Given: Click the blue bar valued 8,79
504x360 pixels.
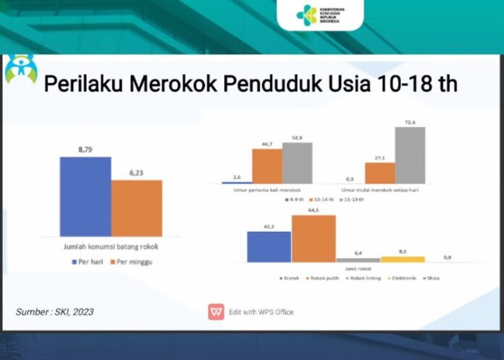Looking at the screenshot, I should coord(85,196).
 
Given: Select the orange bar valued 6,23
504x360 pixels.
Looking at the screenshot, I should coord(136,207).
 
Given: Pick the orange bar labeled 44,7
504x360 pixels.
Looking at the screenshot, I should coord(266,166).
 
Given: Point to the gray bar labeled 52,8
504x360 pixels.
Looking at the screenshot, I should coord(297,163).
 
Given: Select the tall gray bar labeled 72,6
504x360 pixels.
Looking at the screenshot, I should coord(410,155).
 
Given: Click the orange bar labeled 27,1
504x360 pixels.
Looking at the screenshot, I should coord(379,172).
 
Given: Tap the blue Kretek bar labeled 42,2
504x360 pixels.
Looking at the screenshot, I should coord(269,246).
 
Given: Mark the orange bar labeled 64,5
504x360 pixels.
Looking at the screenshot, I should coord(314,238).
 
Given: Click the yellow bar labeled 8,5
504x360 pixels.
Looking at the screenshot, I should coord(403,259).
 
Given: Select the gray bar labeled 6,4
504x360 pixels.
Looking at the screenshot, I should coord(358,259).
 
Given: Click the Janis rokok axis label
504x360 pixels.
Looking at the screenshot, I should coord(337,267).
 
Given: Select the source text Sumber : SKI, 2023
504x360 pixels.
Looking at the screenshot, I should coord(54,311).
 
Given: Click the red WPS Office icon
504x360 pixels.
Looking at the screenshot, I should coord(216,311).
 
